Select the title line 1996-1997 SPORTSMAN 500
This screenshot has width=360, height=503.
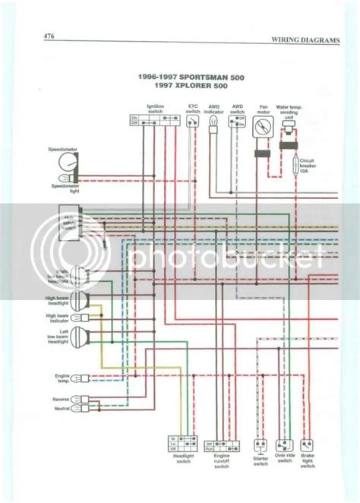click(179, 77)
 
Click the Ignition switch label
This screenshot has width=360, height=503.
click(155, 109)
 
